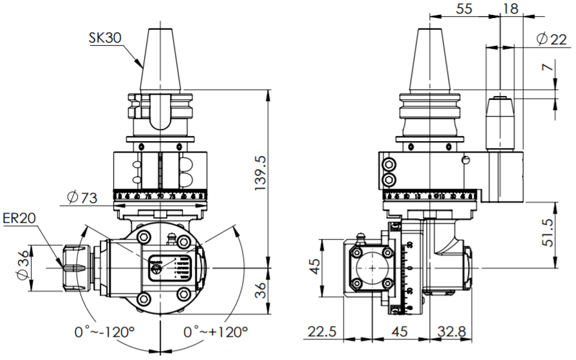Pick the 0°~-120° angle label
point(104,333)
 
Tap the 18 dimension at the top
point(510,9)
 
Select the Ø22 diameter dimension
point(552,40)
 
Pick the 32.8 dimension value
point(454,332)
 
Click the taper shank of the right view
point(429,61)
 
